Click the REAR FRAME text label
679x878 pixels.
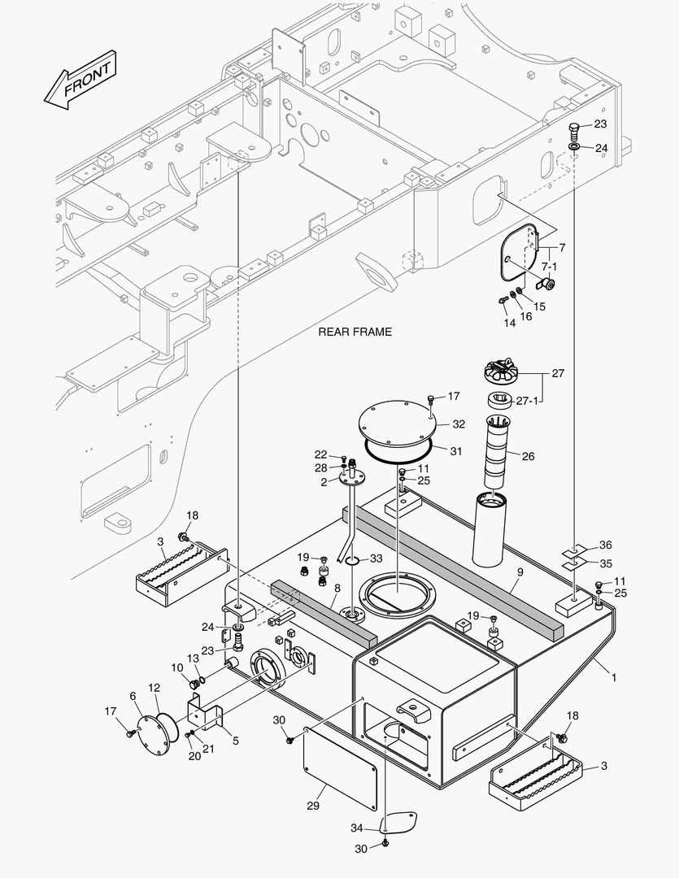click(355, 332)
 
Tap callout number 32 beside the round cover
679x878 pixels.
click(459, 424)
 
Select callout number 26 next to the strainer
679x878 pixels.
click(528, 456)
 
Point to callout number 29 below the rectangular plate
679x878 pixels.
click(313, 806)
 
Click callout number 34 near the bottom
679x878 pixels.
click(356, 828)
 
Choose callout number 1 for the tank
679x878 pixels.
click(614, 676)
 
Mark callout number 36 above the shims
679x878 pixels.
click(605, 545)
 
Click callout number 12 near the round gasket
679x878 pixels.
click(155, 688)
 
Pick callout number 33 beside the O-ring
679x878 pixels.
click(376, 559)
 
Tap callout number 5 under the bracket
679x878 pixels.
click(235, 741)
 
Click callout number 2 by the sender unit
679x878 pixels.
click(323, 482)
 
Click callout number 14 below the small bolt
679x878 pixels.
click(510, 323)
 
